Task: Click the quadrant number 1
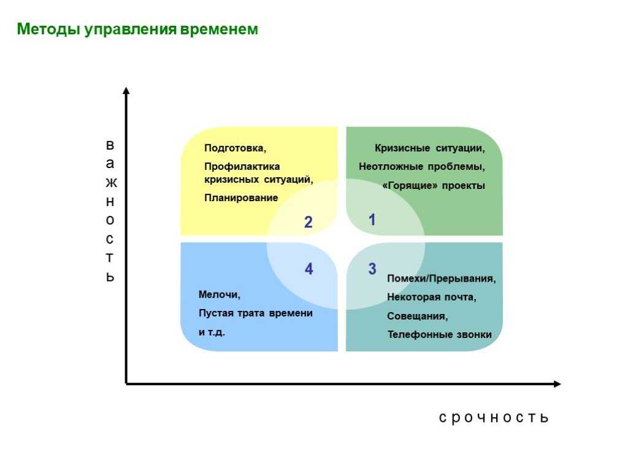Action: point(372,220)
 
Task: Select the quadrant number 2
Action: point(308,222)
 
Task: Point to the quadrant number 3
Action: point(372,269)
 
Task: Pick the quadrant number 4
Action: point(308,269)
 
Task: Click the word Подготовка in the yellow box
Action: point(235,148)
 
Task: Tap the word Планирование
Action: point(241,197)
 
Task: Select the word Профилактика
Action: point(242,166)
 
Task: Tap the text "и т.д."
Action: point(212,332)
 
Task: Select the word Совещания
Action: point(417,316)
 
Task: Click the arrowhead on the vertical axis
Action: point(126,91)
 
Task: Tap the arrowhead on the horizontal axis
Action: point(557,384)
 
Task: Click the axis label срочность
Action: point(494,418)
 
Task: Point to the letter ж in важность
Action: point(112,183)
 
